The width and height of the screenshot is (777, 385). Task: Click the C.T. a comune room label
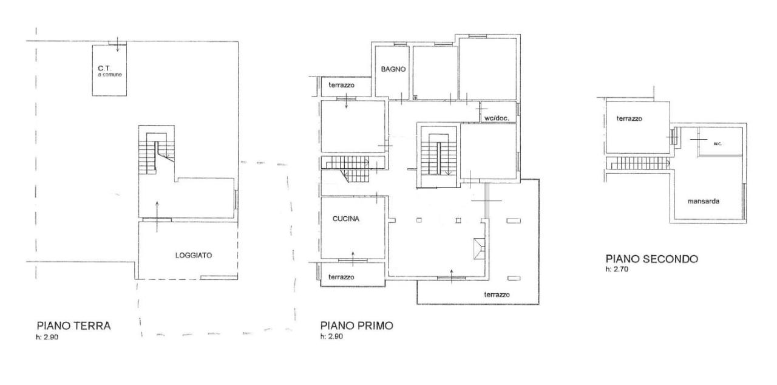click(110, 71)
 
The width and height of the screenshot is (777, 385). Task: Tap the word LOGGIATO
click(194, 255)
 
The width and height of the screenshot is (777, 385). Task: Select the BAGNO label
click(393, 69)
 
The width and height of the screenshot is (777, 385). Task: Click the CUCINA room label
click(346, 219)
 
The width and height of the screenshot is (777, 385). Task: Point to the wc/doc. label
click(497, 118)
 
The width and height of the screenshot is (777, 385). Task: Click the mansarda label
click(703, 201)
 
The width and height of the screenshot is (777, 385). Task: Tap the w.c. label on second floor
click(718, 143)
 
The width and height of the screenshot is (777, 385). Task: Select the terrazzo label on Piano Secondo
click(629, 118)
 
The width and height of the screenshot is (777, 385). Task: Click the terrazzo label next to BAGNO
click(341, 85)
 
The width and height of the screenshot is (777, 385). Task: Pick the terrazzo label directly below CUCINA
click(341, 277)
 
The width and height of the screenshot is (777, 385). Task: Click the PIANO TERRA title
click(73, 325)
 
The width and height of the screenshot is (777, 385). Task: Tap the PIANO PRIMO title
click(356, 325)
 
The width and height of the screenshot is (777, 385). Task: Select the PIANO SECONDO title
click(652, 259)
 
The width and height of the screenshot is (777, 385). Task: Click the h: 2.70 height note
click(617, 269)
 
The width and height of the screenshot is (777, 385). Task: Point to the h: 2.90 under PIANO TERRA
click(47, 337)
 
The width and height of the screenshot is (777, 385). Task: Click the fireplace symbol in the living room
click(479, 248)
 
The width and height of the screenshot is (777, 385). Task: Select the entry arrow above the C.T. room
click(118, 44)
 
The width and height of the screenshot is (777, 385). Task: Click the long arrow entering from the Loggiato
click(157, 217)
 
